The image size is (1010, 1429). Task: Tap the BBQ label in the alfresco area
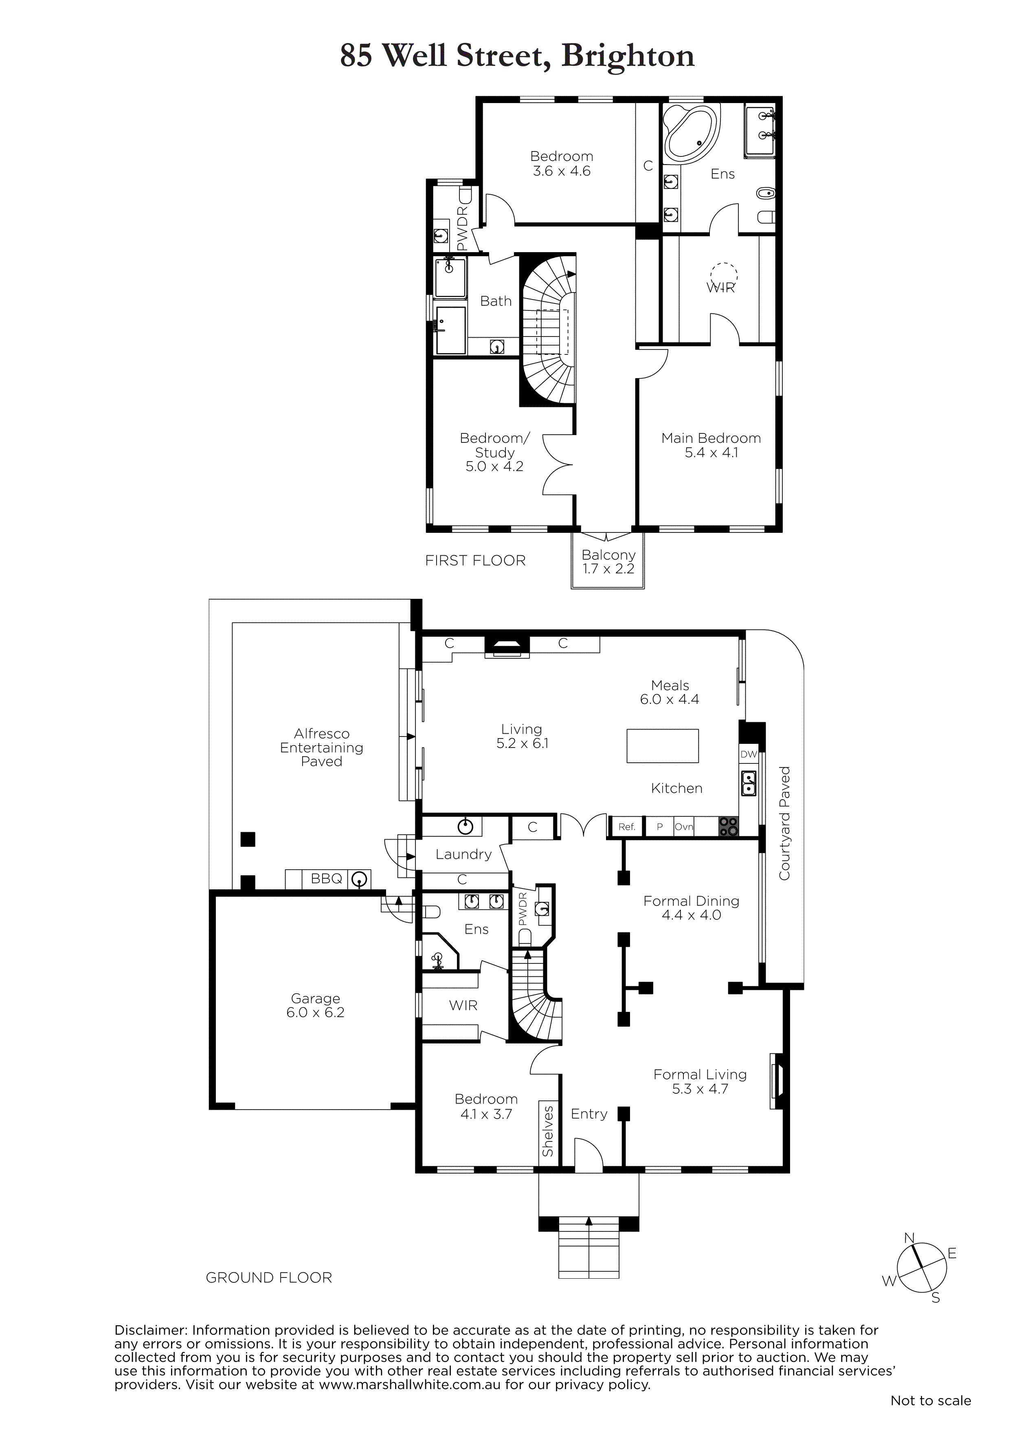click(x=327, y=878)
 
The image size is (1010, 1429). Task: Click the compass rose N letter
click(x=909, y=1237)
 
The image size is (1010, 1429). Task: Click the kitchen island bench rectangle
click(x=663, y=745)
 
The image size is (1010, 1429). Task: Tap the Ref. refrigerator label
click(x=627, y=827)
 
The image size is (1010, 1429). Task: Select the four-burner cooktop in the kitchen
click(x=729, y=827)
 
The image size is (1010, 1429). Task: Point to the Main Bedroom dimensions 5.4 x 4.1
click(x=711, y=453)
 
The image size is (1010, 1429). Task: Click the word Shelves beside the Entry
click(x=548, y=1131)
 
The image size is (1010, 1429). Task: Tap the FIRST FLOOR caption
click(x=475, y=561)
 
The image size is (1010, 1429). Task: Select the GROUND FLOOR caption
click(x=269, y=1278)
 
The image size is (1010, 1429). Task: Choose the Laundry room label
click(x=463, y=855)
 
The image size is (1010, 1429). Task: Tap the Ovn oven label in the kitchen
click(x=684, y=827)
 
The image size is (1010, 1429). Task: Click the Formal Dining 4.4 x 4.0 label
click(x=692, y=908)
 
